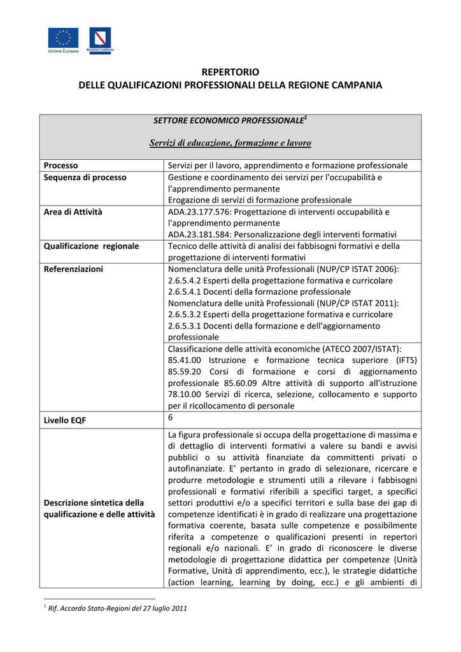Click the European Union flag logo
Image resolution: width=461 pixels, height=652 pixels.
(x=64, y=38)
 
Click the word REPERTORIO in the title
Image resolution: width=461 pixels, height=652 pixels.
(x=230, y=72)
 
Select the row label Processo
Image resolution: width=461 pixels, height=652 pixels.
(x=60, y=166)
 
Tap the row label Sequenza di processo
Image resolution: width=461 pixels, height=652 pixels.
(x=85, y=177)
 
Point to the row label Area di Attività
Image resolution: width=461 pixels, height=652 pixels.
(x=73, y=211)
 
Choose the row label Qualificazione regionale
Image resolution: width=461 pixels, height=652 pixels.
(x=91, y=246)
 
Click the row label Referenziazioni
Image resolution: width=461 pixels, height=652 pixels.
(x=73, y=269)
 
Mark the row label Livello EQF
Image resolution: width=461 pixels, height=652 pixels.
(x=65, y=421)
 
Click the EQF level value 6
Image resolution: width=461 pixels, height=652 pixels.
(x=171, y=417)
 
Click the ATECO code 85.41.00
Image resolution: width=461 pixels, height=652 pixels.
(x=185, y=360)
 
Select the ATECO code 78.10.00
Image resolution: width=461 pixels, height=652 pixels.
(x=185, y=394)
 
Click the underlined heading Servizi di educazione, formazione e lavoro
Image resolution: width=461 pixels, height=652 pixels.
(x=230, y=143)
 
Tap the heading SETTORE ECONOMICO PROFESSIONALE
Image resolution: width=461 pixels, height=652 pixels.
(x=228, y=120)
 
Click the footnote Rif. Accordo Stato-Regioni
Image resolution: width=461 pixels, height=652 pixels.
(x=118, y=608)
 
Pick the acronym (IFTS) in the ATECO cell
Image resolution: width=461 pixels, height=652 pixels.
(x=402, y=360)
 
